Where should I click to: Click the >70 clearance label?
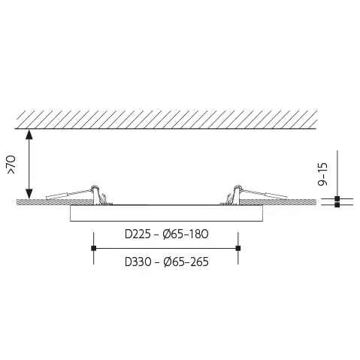[x=11, y=165]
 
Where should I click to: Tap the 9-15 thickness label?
[x=323, y=172]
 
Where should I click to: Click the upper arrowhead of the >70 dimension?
[x=29, y=135]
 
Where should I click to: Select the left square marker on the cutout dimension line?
[x=93, y=248]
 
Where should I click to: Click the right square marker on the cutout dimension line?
[x=238, y=248]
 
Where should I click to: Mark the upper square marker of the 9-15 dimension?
[x=337, y=198]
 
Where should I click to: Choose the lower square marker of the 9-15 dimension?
[x=337, y=205]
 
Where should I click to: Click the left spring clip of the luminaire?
[x=95, y=194]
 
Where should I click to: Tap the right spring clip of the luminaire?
[x=237, y=194]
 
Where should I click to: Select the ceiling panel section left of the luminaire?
[x=45, y=202]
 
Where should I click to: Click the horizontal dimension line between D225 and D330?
[x=165, y=248]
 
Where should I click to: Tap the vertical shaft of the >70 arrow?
[x=29, y=165]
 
